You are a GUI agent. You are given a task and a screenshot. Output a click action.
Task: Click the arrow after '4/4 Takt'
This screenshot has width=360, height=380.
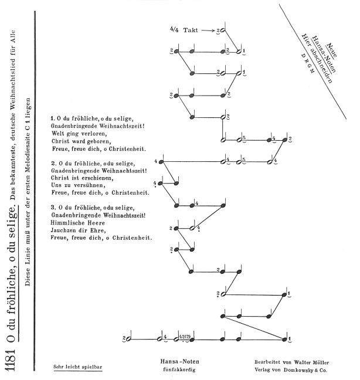tap(208, 30)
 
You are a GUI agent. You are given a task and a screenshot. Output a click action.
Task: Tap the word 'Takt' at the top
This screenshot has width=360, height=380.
tap(191, 30)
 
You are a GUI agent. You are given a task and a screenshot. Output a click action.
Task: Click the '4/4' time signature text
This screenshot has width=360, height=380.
tap(174, 29)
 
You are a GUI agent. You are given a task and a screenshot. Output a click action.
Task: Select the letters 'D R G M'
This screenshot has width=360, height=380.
tap(308, 63)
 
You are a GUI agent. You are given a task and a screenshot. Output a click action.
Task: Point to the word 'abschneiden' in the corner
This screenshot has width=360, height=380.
tap(321, 66)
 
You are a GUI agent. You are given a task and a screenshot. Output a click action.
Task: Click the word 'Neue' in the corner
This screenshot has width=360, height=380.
tap(332, 50)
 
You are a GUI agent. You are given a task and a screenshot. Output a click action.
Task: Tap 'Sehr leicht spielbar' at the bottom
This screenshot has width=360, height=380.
tap(78, 367)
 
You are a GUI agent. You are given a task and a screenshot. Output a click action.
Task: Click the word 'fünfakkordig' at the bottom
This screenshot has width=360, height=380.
tap(179, 370)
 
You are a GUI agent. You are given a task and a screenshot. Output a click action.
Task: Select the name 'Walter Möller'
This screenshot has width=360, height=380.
tap(311, 362)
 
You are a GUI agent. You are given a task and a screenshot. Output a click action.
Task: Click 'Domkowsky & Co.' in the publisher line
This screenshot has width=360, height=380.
tap(305, 370)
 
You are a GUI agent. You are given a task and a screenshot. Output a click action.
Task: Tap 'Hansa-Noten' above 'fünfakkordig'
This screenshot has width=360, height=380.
tap(180, 362)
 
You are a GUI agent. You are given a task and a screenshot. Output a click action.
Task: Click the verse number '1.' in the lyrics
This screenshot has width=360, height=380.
tap(53, 118)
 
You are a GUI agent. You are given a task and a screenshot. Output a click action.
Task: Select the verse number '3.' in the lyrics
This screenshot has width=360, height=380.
tap(53, 208)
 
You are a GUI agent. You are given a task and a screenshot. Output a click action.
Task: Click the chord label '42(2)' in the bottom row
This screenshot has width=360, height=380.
tap(185, 337)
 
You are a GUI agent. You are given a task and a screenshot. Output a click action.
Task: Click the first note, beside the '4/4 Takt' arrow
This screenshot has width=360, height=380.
tap(223, 30)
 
